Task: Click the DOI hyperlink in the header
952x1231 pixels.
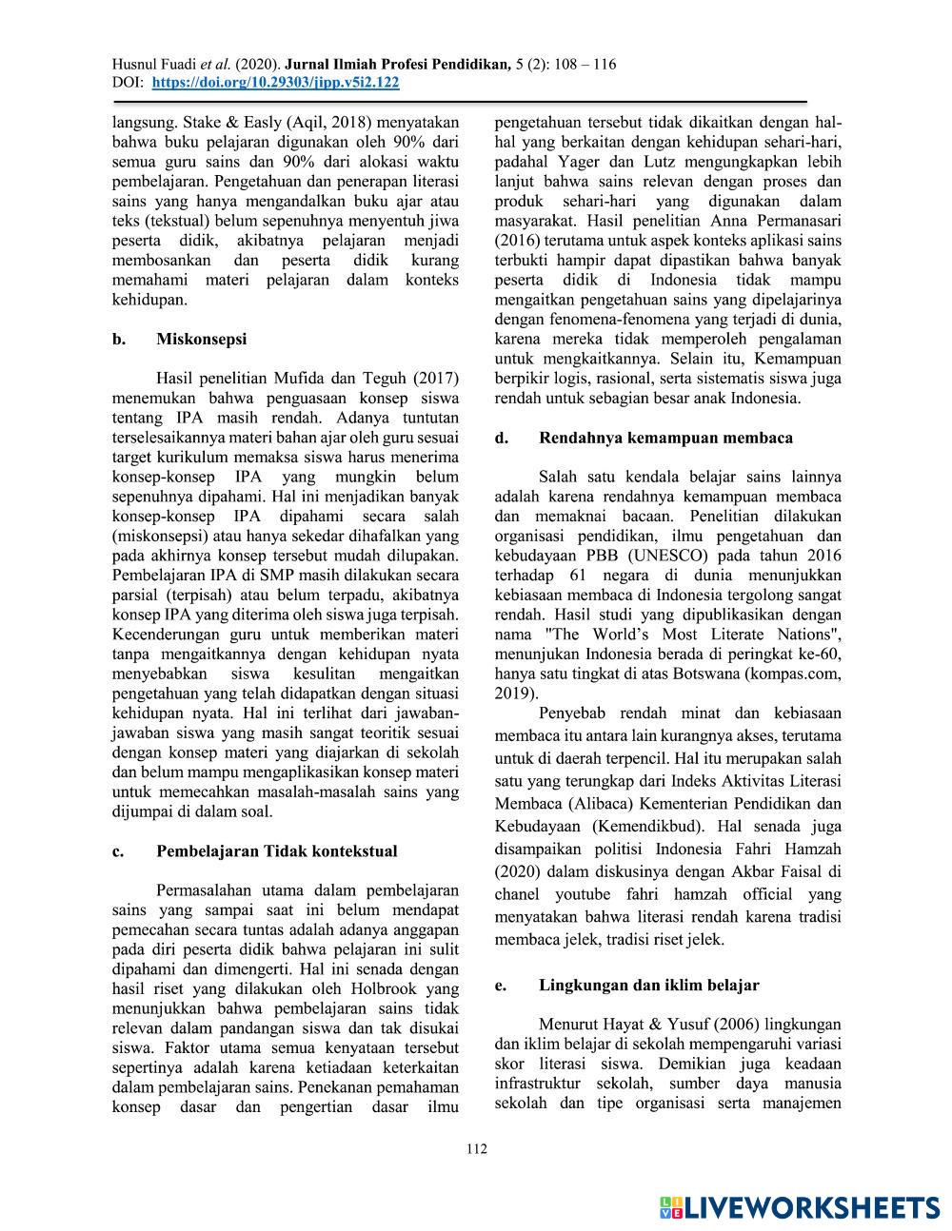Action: click(275, 83)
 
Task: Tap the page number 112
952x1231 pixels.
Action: click(476, 1149)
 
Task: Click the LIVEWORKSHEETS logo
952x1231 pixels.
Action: click(800, 1207)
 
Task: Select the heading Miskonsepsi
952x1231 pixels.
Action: click(201, 339)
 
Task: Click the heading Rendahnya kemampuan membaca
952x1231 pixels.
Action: click(665, 438)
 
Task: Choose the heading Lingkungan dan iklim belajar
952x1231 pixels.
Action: click(649, 985)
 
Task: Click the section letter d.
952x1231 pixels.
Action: click(500, 438)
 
